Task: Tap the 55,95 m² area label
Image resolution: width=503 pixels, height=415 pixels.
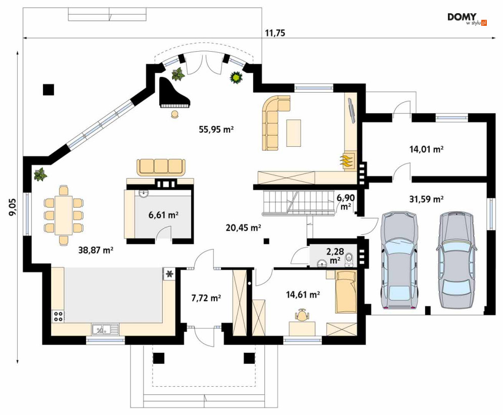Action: pos(216,130)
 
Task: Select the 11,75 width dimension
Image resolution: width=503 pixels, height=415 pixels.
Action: pos(275,33)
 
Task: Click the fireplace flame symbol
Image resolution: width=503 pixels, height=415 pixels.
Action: pos(347,160)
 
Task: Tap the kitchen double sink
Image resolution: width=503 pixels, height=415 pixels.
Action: pos(105,329)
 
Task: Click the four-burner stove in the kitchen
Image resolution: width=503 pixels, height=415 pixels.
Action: pos(58,316)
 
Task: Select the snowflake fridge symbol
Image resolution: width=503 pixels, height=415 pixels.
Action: pos(169,274)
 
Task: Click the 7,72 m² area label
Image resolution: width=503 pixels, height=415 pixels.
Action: pos(206,298)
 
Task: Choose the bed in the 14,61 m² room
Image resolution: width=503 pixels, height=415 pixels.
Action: pos(346,292)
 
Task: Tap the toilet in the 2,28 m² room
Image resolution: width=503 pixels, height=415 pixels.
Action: pos(349,259)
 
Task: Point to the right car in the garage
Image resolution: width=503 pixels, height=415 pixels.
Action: pos(456,260)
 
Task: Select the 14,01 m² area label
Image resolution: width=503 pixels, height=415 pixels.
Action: pos(426,149)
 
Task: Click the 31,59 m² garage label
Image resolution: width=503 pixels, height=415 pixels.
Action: pos(426,199)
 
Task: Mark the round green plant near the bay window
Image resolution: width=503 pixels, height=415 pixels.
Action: pos(236,77)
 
